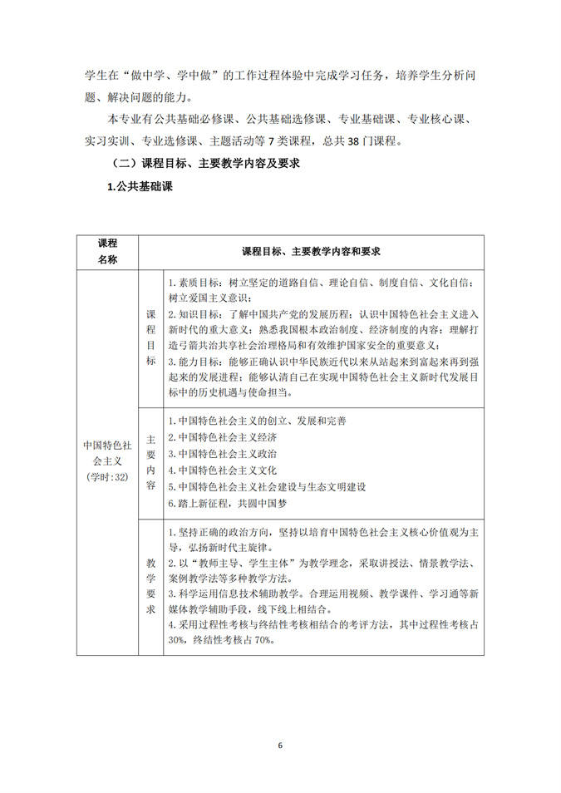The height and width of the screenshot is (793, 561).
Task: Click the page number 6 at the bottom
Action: point(281,745)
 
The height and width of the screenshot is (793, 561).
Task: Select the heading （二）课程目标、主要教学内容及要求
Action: point(199,165)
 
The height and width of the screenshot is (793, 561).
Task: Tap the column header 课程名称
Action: point(107,250)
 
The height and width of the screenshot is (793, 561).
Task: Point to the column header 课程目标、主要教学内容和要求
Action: point(312,250)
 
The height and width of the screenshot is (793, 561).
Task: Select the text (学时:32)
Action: point(107,477)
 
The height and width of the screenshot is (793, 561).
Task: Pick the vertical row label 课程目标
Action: point(150,338)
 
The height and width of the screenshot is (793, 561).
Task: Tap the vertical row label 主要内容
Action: point(150,462)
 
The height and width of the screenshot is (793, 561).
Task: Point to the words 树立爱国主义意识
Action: point(209,298)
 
